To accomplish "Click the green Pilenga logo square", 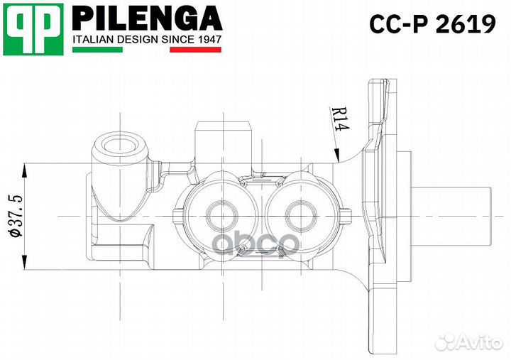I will click(x=33, y=29).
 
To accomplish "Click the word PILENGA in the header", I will click(x=148, y=18).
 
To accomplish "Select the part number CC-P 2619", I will click(x=432, y=25).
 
